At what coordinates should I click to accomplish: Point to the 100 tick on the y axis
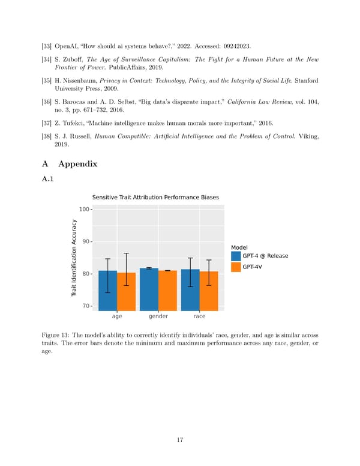[x=84, y=210]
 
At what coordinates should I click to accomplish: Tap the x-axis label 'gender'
[x=158, y=316]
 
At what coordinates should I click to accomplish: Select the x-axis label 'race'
[x=199, y=316]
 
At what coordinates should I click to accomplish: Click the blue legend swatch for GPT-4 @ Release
[x=235, y=256]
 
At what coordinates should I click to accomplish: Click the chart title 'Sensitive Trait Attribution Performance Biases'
[x=155, y=198]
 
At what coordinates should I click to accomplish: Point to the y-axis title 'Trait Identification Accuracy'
[x=74, y=258]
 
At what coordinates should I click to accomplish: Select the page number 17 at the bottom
[x=179, y=440]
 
